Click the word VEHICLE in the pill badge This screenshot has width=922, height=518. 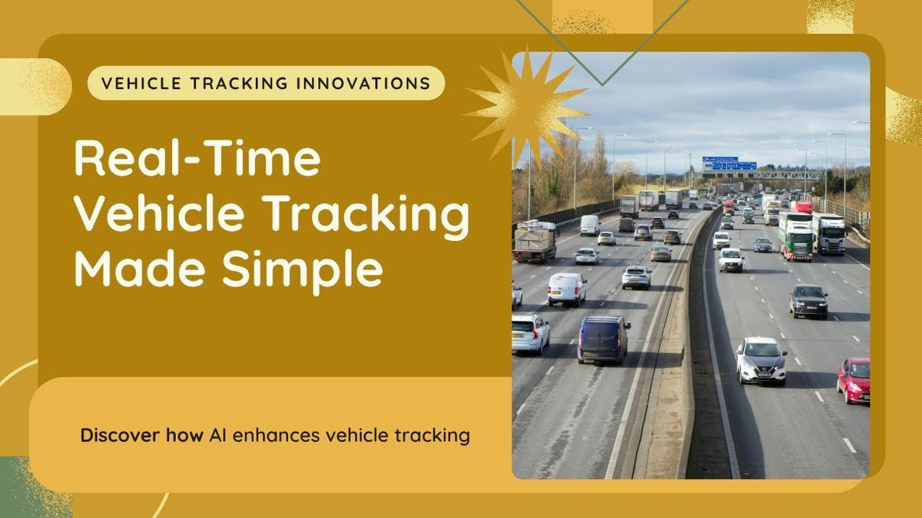click(x=141, y=83)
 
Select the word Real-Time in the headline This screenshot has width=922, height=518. click(x=197, y=158)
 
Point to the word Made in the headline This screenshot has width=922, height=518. click(x=140, y=268)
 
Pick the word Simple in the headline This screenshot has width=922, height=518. click(x=303, y=272)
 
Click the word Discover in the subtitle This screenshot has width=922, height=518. click(x=120, y=435)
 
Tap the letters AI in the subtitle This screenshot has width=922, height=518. click(x=217, y=435)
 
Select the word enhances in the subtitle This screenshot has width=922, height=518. click(x=276, y=435)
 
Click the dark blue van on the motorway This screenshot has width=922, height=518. click(x=603, y=338)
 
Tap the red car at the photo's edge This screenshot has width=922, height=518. click(x=854, y=381)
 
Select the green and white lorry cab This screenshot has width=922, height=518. click(x=796, y=236)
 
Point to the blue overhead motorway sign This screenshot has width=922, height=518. click(x=729, y=163)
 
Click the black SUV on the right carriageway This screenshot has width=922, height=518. click(x=808, y=302)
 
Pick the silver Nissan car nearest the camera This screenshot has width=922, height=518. click(x=761, y=361)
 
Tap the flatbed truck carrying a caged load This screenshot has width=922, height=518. click(x=535, y=242)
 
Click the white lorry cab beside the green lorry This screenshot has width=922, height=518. click(x=829, y=233)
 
